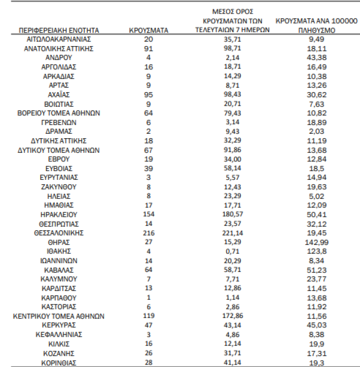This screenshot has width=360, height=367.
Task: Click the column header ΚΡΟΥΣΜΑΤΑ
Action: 149,30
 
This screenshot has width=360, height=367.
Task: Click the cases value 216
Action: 149,233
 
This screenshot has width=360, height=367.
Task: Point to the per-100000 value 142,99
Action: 317,242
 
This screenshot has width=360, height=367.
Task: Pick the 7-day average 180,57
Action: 232,214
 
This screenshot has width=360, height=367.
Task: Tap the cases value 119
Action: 149,316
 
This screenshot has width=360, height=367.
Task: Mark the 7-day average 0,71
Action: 232,251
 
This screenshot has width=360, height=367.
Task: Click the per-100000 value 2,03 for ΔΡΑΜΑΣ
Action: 317,131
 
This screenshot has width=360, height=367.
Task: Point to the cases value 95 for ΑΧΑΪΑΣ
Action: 149,95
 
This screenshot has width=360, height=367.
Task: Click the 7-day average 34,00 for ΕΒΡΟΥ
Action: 232,159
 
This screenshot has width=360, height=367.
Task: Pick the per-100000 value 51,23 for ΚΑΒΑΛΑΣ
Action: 317,270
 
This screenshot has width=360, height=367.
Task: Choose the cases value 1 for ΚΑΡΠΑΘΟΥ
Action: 149,297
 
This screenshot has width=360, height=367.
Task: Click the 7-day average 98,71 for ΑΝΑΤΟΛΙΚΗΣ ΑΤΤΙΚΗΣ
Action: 232,49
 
